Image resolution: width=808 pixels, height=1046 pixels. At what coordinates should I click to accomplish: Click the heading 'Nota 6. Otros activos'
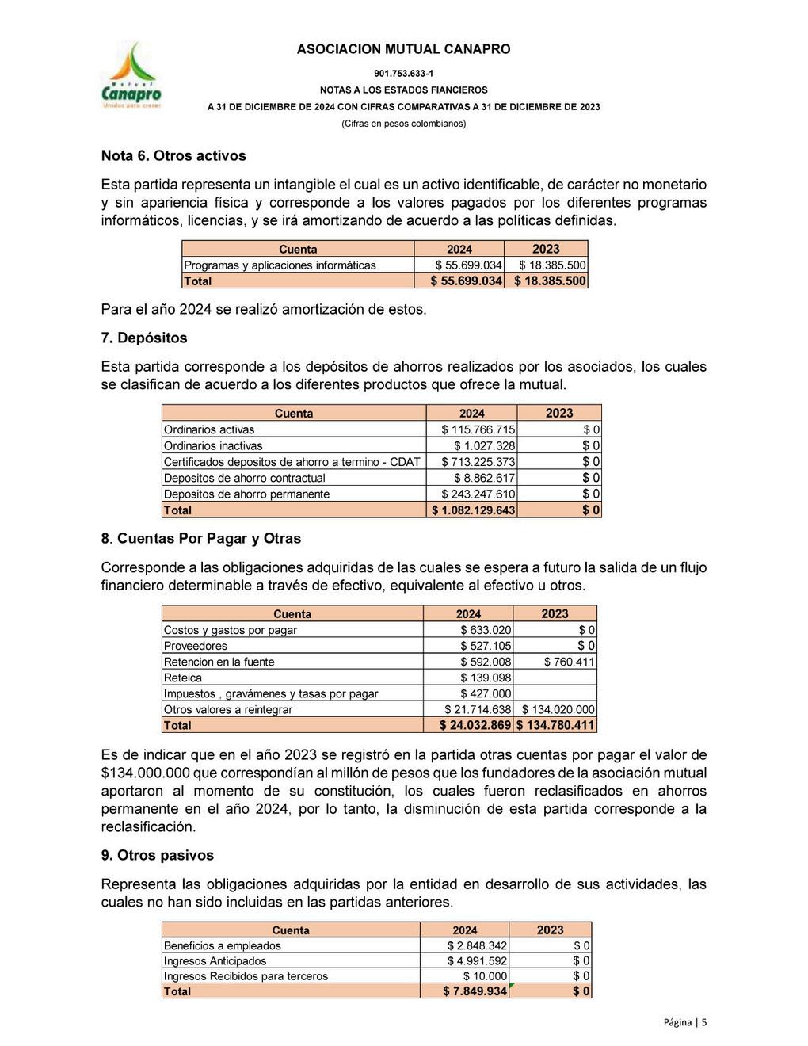(173, 156)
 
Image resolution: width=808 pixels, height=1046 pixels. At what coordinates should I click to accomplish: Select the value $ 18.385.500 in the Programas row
(553, 265)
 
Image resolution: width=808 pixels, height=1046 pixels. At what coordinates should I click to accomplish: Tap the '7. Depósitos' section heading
(144, 338)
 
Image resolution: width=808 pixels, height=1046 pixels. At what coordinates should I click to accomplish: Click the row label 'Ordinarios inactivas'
(213, 446)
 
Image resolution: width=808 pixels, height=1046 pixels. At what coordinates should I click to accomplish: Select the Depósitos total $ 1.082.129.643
(473, 510)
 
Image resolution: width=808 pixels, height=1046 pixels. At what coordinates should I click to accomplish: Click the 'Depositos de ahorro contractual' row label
(244, 478)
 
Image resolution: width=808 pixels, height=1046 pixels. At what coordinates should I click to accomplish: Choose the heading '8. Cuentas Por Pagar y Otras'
(201, 539)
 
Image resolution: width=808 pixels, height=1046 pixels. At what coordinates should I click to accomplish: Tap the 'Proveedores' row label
(195, 646)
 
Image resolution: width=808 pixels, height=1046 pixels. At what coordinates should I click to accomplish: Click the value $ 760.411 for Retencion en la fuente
(570, 662)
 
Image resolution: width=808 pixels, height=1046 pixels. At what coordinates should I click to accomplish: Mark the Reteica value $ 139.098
(486, 678)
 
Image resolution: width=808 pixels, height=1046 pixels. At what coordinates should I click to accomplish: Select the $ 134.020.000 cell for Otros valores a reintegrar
(558, 709)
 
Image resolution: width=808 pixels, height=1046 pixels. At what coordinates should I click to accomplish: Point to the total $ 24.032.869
(475, 725)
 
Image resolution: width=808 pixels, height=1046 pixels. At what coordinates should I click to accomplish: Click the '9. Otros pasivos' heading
(158, 856)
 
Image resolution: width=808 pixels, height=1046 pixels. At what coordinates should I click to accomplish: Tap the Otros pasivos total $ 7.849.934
(475, 991)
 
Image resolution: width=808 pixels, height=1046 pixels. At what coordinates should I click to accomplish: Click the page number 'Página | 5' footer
(685, 1022)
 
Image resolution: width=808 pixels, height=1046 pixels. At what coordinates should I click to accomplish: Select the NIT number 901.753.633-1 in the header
(403, 73)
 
